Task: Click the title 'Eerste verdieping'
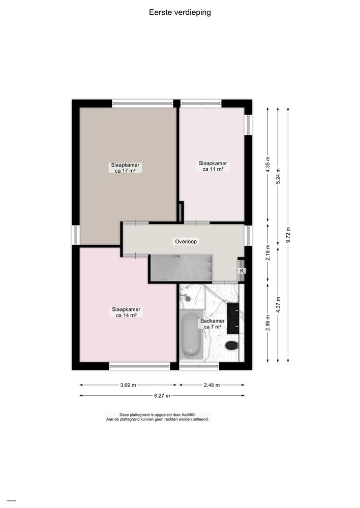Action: pyautogui.click(x=180, y=12)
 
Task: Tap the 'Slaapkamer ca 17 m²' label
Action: pyautogui.click(x=126, y=168)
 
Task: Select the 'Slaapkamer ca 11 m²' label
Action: pyautogui.click(x=213, y=166)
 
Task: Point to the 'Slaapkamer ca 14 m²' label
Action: pyautogui.click(x=126, y=312)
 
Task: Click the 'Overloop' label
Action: pyautogui.click(x=186, y=241)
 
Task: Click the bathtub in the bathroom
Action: pyautogui.click(x=191, y=334)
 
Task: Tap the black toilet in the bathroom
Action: pyautogui.click(x=232, y=345)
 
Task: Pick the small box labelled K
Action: pyautogui.click(x=242, y=271)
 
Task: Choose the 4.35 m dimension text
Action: pyautogui.click(x=268, y=166)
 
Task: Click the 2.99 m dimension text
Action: pyautogui.click(x=268, y=323)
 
